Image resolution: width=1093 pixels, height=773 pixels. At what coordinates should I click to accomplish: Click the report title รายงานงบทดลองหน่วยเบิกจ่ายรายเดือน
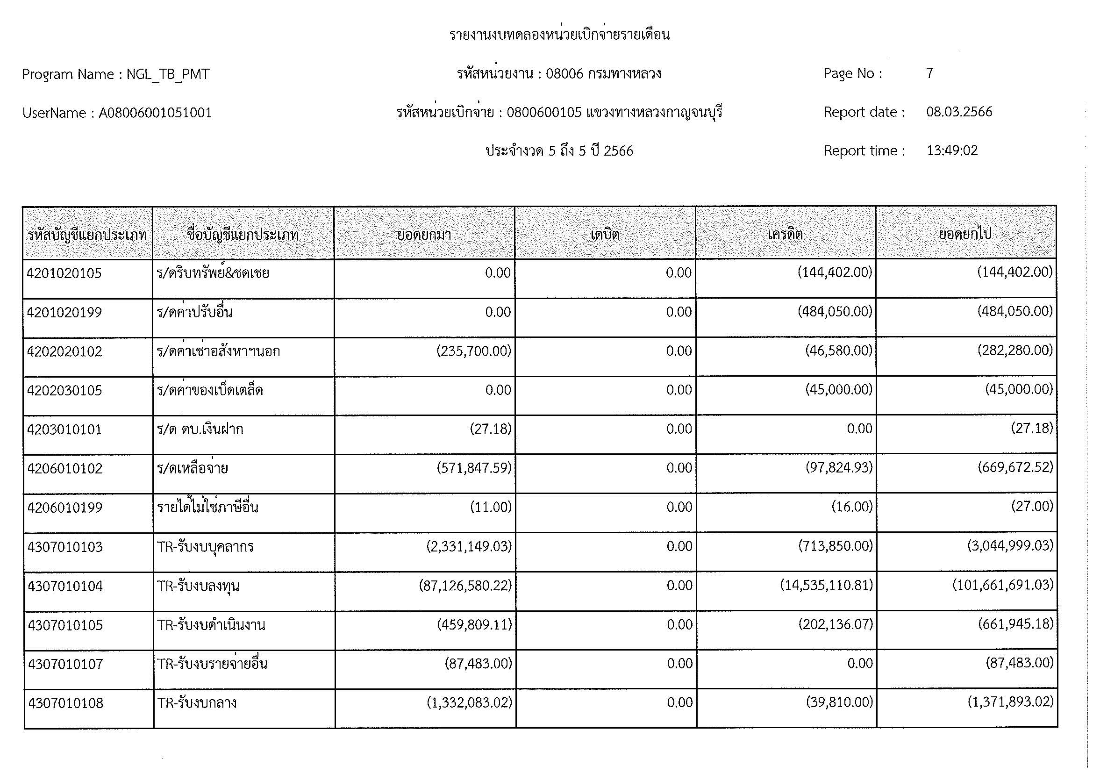coord(559,35)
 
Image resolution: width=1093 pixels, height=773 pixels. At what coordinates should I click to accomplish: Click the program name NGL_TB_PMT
coord(168,75)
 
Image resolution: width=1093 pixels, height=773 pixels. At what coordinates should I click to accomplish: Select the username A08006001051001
coord(155,113)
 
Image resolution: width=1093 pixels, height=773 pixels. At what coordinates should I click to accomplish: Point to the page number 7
coord(929,73)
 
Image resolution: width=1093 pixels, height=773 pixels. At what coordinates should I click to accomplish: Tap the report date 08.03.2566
coord(959,112)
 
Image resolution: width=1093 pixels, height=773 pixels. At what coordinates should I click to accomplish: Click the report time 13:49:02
coord(951,151)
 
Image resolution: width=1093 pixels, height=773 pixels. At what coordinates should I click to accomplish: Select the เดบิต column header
coord(605,235)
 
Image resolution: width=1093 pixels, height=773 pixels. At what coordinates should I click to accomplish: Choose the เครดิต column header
coord(785,235)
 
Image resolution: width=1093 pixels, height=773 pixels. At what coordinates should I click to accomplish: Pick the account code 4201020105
coord(64,273)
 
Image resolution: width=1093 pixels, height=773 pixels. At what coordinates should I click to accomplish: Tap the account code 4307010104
coord(65,586)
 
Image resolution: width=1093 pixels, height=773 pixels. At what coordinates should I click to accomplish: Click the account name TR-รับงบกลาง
coord(197,703)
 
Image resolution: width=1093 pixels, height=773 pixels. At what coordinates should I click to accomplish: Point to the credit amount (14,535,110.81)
coord(827,585)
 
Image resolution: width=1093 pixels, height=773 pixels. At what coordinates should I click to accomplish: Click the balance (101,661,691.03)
coord(1002,585)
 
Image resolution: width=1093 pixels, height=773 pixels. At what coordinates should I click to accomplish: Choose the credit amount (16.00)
coord(852,507)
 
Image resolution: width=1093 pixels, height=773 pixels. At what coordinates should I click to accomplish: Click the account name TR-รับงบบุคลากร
coord(205,547)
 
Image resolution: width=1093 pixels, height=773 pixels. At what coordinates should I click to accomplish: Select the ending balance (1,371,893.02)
coord(1010,702)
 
